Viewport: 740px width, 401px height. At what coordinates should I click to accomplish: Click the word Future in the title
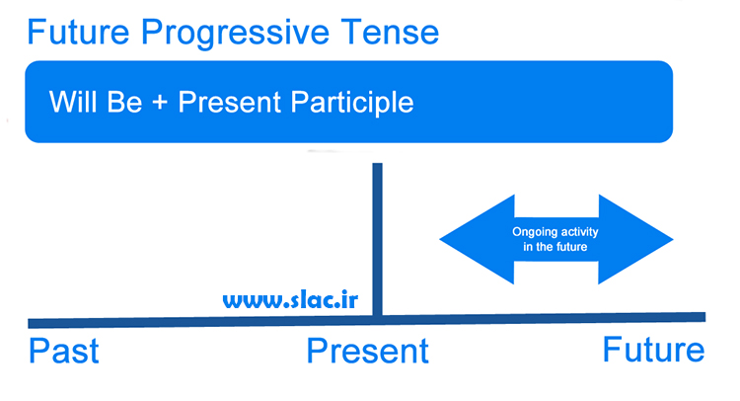78,33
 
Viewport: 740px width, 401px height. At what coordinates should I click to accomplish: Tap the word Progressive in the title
235,34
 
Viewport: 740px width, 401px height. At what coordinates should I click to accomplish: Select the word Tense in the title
390,33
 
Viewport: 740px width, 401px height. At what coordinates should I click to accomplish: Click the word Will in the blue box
73,102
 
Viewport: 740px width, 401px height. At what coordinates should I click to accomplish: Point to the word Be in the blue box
124,102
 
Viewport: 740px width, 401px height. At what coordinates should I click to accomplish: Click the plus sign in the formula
160,103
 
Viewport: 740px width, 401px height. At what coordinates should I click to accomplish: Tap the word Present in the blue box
229,102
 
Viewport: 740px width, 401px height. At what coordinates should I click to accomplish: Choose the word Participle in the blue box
352,104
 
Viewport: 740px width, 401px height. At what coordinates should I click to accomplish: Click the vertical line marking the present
377,239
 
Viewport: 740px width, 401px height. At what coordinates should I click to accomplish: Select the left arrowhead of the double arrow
477,239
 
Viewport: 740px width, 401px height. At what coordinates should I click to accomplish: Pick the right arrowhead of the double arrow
635,239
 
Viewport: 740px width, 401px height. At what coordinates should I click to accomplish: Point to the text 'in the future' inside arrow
555,247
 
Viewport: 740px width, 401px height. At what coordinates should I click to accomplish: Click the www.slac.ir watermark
290,300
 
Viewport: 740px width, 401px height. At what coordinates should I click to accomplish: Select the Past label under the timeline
64,351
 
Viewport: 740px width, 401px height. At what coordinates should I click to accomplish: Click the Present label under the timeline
368,351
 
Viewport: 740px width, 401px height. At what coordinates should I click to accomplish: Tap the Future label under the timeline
653,350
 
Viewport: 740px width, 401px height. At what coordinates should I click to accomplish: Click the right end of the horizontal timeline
705,317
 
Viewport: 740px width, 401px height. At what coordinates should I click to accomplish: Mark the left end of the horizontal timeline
29,324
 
